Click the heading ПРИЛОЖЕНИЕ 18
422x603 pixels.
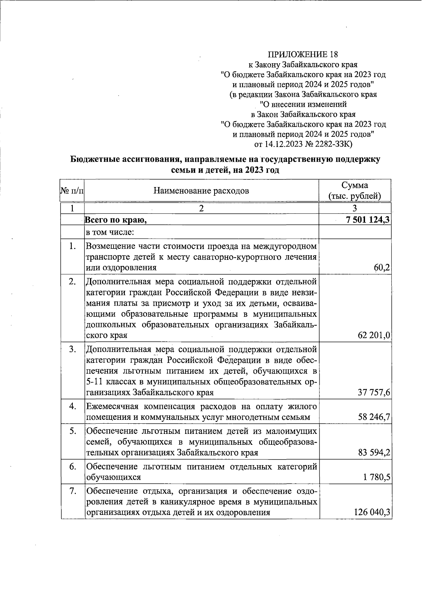302,54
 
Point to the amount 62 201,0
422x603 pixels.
374,335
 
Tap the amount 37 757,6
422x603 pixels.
374,392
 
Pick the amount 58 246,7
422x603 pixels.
374,417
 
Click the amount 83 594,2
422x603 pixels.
374,453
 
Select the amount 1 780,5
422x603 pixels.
377,477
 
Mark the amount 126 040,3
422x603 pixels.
372,513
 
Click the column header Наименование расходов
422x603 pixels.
201,191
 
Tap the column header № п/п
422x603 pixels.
72,191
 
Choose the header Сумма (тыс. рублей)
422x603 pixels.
354,191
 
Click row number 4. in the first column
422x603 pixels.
73,406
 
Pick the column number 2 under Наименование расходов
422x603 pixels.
201,208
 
